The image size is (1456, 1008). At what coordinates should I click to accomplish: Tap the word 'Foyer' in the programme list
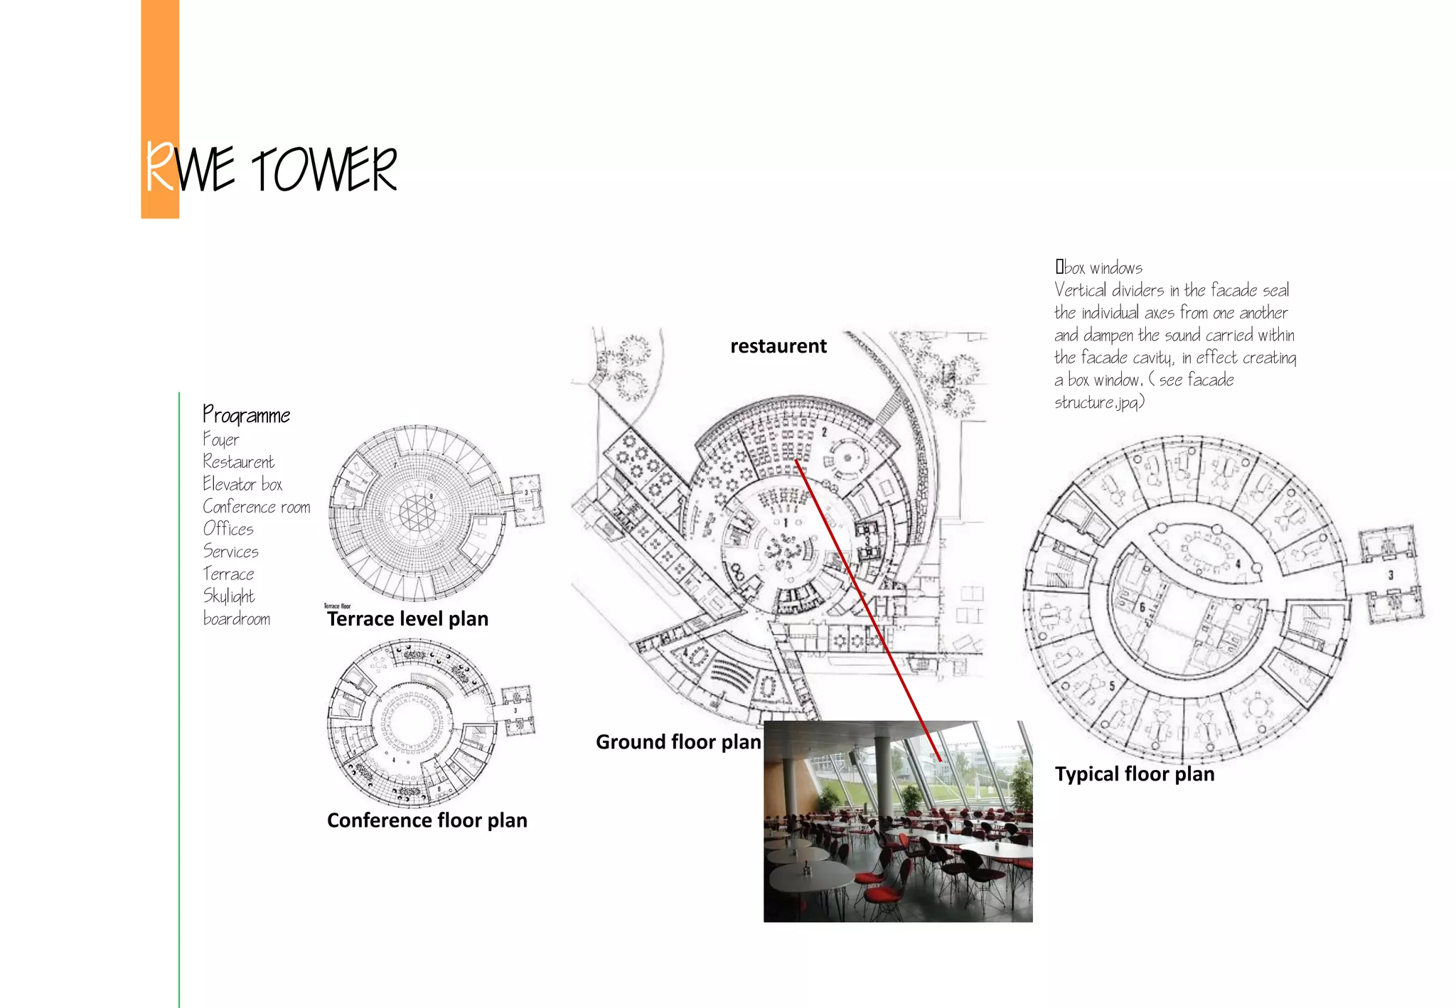[221, 439]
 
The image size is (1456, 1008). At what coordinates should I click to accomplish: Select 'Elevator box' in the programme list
[242, 484]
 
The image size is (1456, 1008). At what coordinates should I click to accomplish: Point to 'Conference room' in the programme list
[257, 507]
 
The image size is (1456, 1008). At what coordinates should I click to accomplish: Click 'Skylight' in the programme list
[229, 596]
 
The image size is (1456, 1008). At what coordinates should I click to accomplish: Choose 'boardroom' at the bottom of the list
[237, 618]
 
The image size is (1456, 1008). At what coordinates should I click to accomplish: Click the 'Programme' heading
[247, 414]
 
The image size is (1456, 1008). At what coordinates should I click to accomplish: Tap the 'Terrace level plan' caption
[407, 618]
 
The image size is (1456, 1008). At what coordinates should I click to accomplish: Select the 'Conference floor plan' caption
[427, 820]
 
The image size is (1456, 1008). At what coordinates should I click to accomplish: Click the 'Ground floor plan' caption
[678, 741]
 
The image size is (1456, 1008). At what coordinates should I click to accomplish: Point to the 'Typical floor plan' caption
[1135, 773]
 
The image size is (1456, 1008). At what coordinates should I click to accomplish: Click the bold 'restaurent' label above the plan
[778, 346]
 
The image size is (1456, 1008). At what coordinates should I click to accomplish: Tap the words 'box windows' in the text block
[1103, 268]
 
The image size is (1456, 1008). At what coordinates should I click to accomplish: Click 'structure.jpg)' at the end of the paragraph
[1099, 402]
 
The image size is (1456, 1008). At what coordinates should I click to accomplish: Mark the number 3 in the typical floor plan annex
[1391, 575]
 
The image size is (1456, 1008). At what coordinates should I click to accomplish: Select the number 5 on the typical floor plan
[1113, 686]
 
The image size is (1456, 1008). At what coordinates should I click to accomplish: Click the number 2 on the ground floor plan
[825, 431]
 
